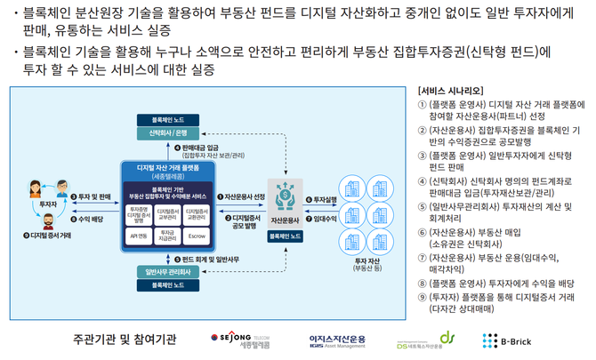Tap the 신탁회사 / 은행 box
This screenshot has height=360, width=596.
coord(161,132)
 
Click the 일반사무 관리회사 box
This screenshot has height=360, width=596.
coord(161,271)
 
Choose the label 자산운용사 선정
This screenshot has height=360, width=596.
coord(243,196)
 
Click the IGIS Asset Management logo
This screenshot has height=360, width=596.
coord(335,340)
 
